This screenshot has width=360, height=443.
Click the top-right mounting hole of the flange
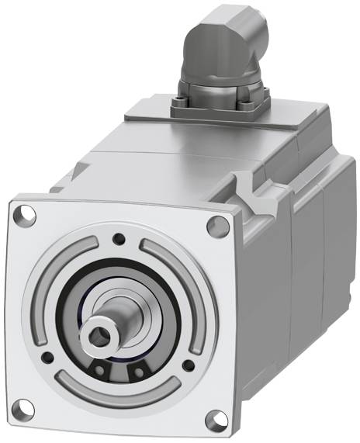click(x=217, y=226)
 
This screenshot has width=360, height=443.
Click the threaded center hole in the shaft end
click(x=101, y=334)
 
